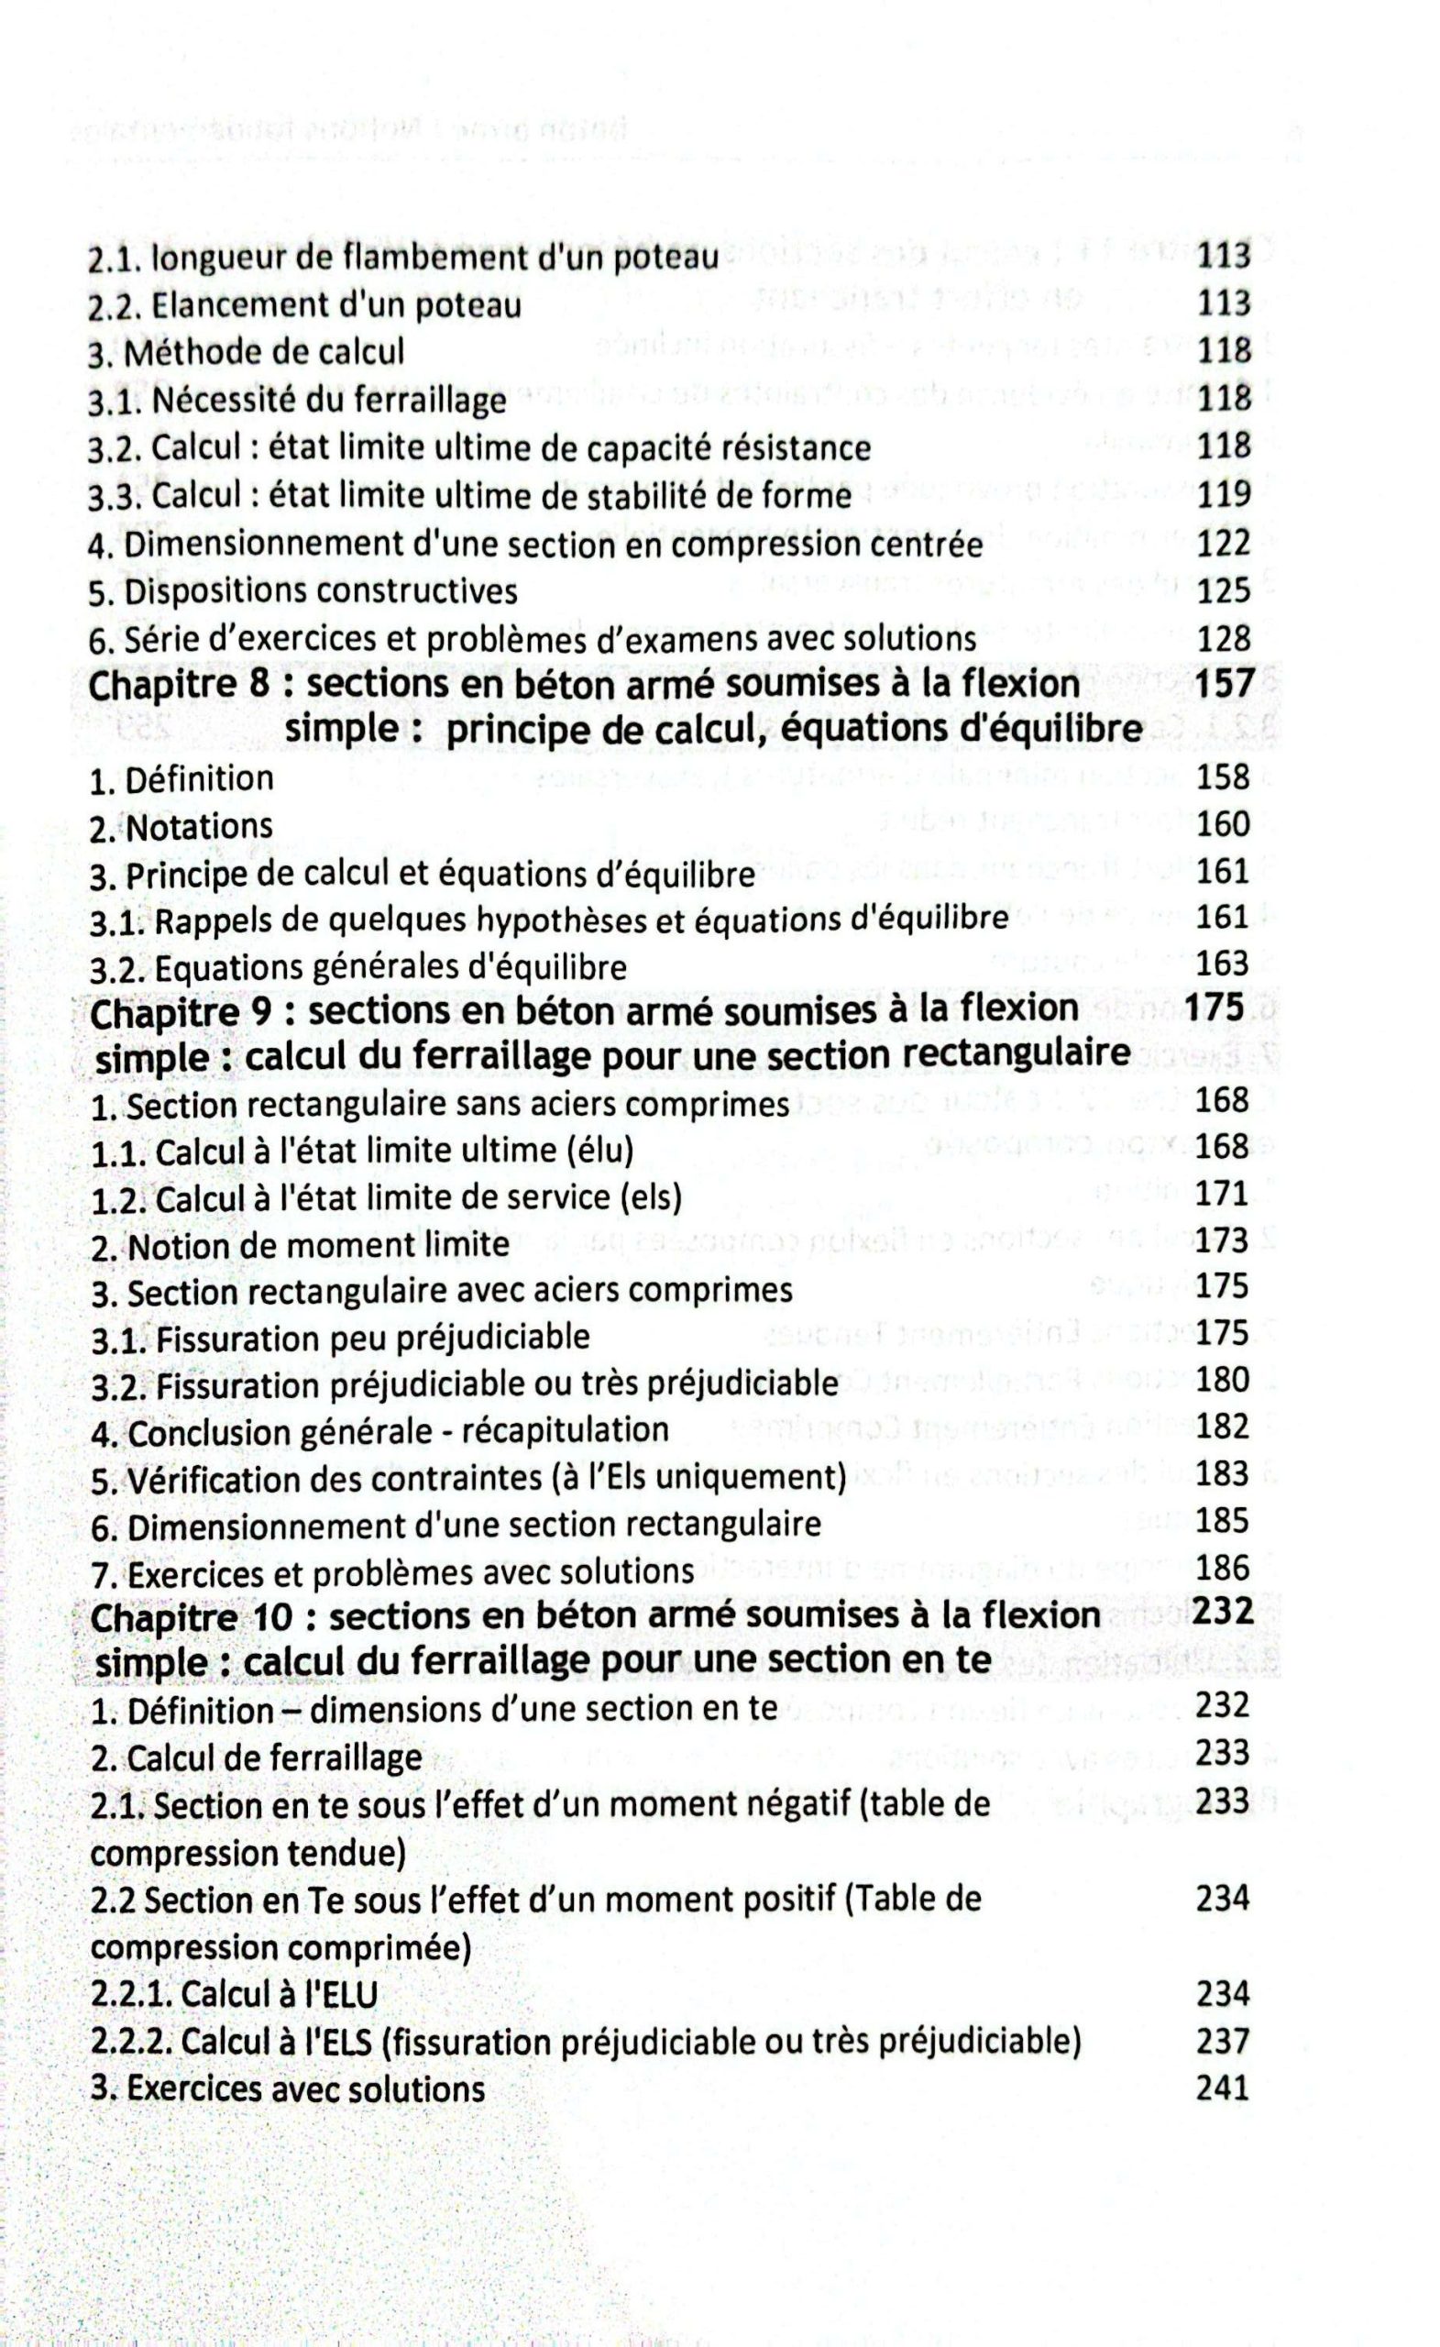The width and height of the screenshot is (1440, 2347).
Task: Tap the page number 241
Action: pos(1222,2087)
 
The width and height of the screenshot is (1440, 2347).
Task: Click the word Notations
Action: pos(199,826)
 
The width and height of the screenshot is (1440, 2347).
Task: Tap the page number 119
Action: pos(1223,494)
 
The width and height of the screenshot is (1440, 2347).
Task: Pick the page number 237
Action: pos(1222,2039)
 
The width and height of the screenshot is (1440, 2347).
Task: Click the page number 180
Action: pos(1222,1379)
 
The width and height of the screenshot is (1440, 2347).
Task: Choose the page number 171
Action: pos(1222,1193)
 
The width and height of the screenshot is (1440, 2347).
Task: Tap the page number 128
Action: pos(1223,638)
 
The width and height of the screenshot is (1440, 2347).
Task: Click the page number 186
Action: pos(1222,1567)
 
